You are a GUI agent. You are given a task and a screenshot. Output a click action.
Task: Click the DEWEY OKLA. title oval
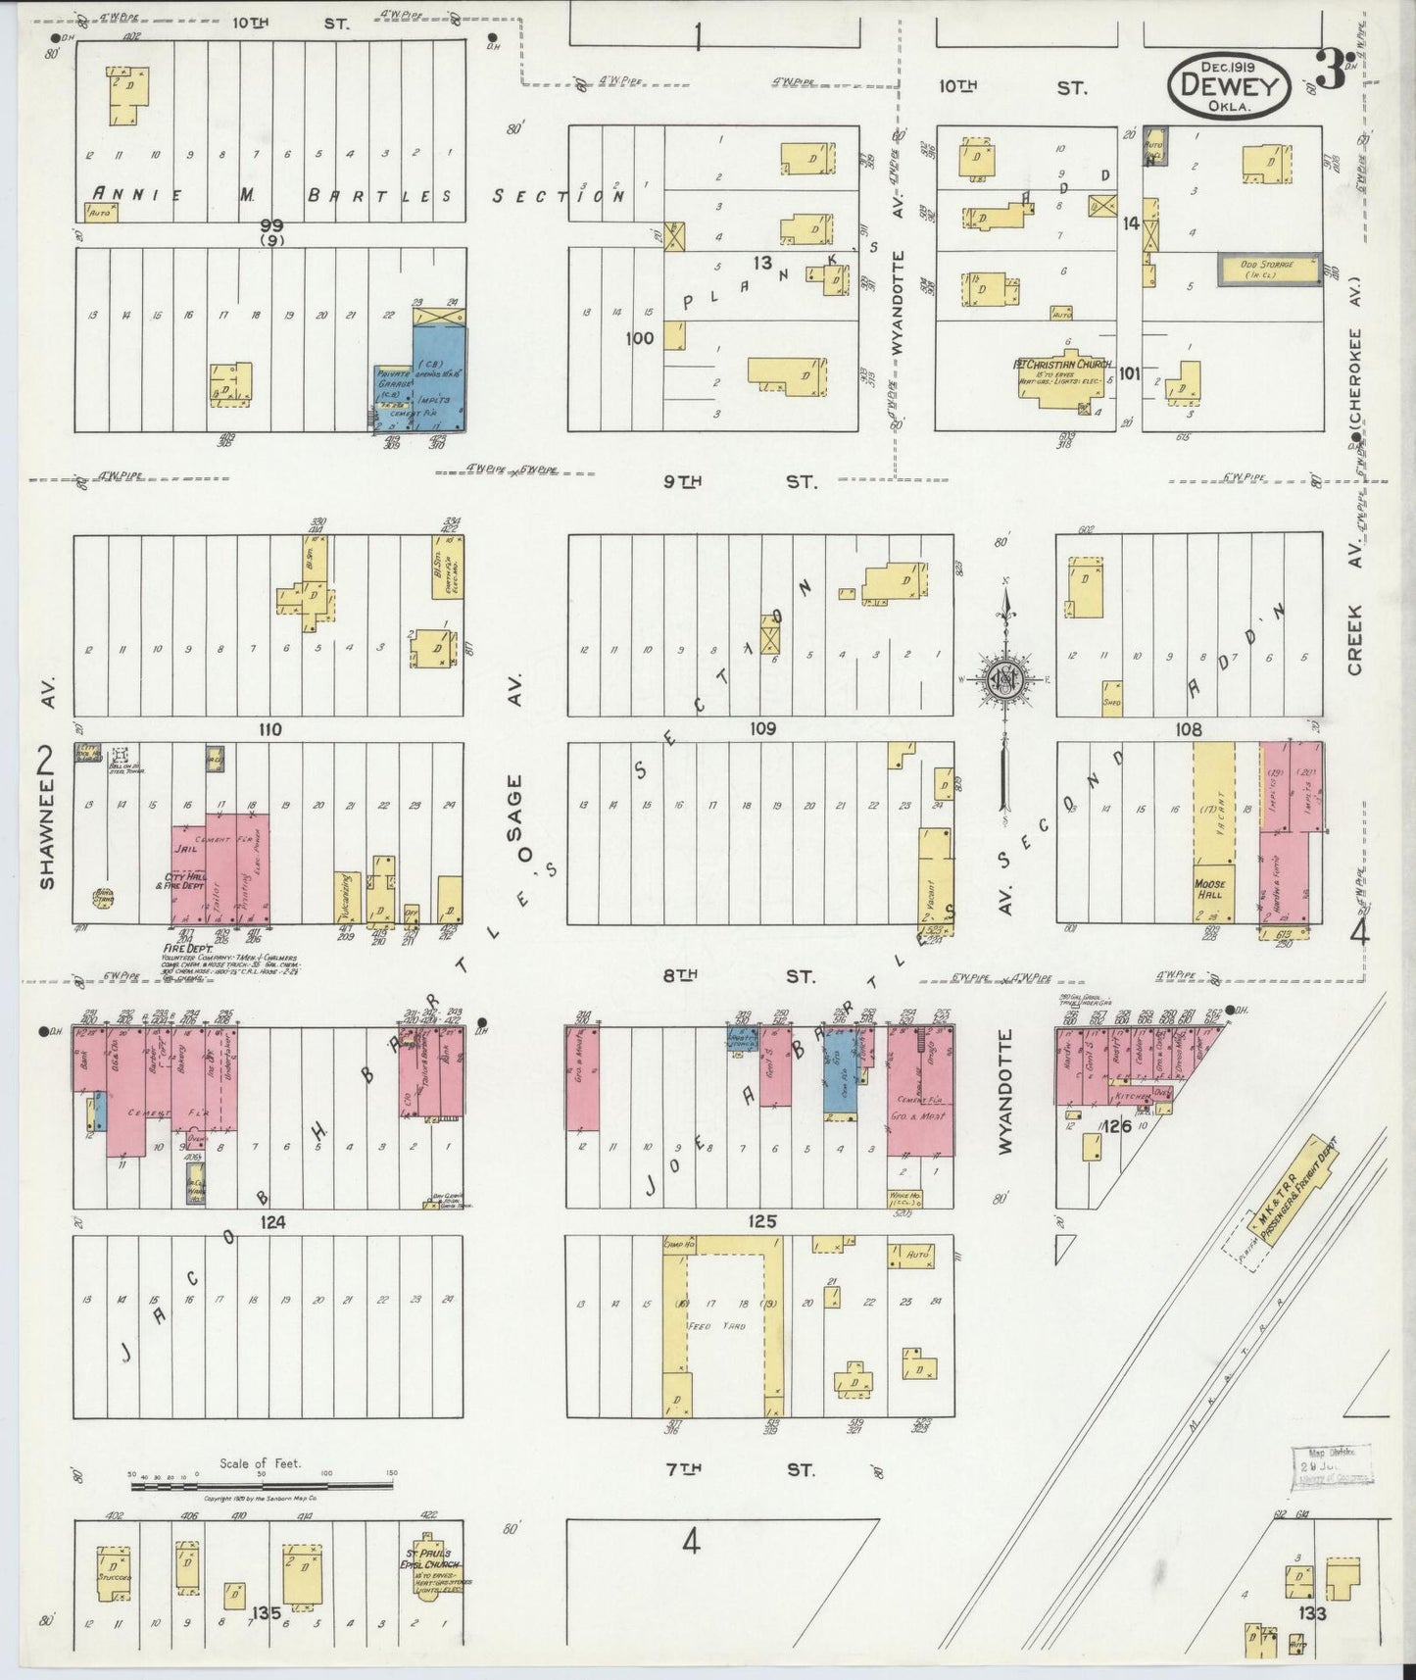[x=1228, y=85]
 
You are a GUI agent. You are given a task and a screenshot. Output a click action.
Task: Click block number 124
[x=271, y=1222]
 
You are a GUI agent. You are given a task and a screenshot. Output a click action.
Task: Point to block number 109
[x=761, y=728]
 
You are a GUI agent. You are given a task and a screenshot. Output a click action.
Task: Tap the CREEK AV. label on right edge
[x=1355, y=618]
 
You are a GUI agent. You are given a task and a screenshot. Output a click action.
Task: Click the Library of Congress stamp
[x=1334, y=1467]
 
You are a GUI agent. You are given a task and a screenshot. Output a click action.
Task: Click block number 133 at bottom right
[x=1314, y=1612]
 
